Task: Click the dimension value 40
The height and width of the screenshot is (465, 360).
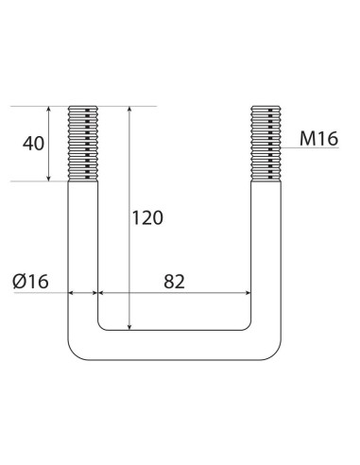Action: click(33, 144)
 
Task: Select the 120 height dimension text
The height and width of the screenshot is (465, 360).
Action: click(146, 217)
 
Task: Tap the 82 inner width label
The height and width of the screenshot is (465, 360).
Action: click(173, 280)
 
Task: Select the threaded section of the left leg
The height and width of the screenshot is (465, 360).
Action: click(83, 144)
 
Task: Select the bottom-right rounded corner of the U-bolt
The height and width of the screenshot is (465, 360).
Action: click(270, 349)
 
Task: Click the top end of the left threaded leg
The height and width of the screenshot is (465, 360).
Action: click(83, 107)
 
